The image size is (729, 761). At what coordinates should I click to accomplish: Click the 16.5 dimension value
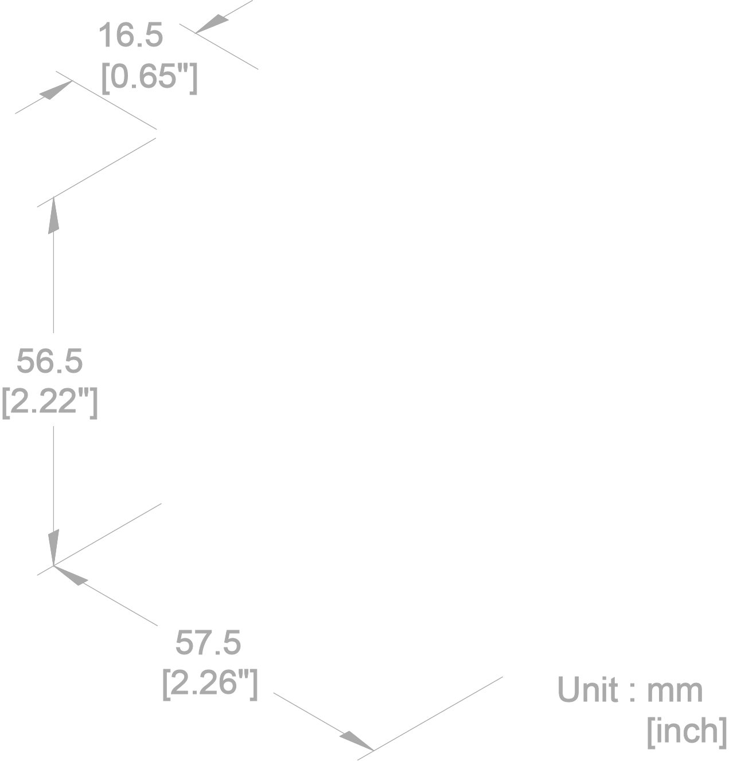click(x=131, y=36)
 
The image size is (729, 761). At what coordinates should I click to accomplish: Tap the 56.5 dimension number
click(x=49, y=361)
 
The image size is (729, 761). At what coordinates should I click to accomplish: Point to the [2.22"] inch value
click(x=50, y=402)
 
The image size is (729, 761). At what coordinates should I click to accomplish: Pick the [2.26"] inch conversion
click(x=210, y=682)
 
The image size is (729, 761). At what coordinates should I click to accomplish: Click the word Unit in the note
click(x=588, y=689)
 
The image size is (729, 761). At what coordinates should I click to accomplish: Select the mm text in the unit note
click(x=675, y=690)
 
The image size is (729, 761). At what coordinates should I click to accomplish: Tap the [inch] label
click(x=687, y=731)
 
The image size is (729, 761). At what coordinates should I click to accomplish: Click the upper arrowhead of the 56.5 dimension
click(x=53, y=214)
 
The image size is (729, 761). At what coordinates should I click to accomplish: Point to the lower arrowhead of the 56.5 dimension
click(x=53, y=548)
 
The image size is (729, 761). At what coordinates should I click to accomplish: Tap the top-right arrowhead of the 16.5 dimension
click(x=212, y=24)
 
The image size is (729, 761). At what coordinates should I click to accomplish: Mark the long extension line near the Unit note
click(x=439, y=713)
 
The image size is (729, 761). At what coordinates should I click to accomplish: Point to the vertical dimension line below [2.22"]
click(x=53, y=476)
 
